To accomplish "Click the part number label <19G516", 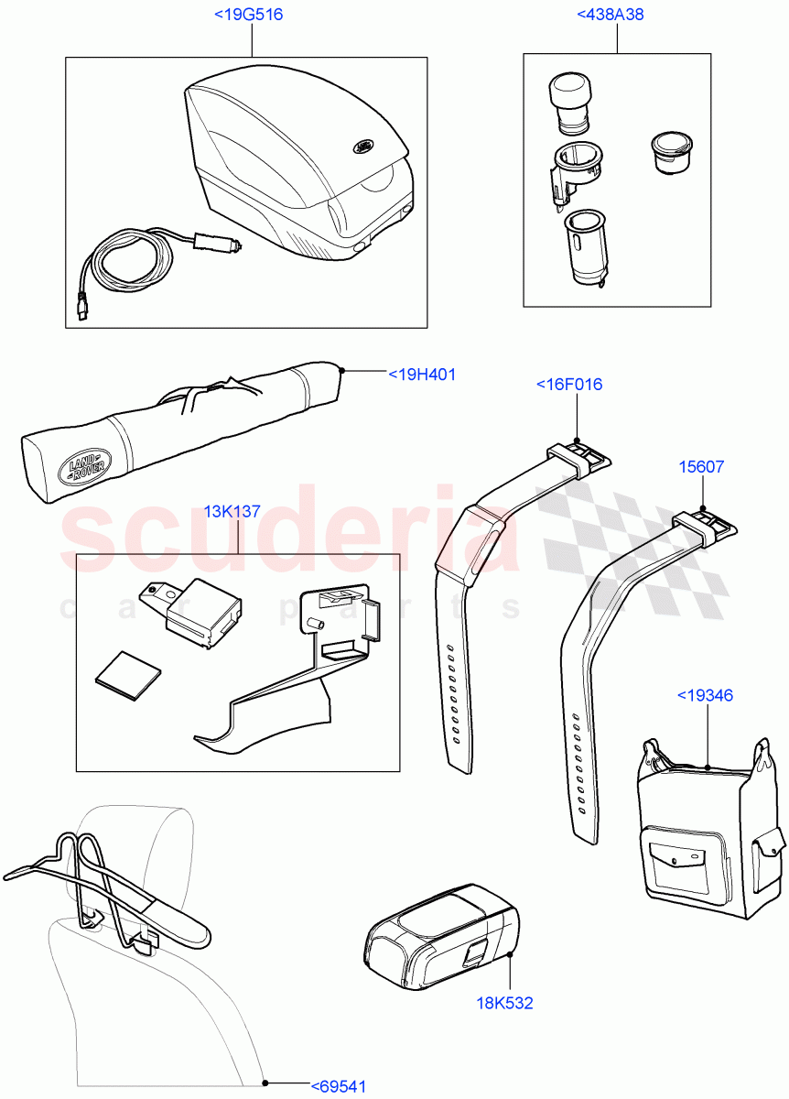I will (x=246, y=14).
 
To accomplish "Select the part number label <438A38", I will (x=615, y=14).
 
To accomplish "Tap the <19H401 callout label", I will (x=422, y=375).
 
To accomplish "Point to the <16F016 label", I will (x=569, y=385).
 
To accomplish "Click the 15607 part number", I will (x=700, y=467).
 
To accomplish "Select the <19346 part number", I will (x=705, y=695).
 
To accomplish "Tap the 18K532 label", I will (x=503, y=1003).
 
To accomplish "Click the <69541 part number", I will (x=339, y=1087).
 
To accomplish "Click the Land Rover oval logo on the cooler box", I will (x=363, y=145).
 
